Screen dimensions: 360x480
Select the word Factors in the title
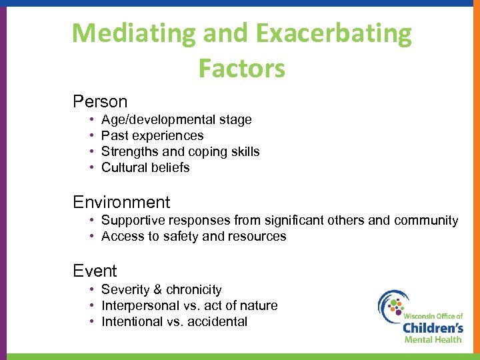tap(241, 68)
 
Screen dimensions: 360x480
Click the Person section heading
tap(100, 102)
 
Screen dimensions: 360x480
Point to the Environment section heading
tap(121, 203)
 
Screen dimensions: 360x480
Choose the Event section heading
tap(95, 271)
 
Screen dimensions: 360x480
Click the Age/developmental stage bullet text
tap(176, 120)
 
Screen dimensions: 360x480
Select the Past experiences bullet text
tap(152, 136)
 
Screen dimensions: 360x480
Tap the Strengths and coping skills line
tap(180, 152)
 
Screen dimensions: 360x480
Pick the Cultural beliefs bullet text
tap(145, 168)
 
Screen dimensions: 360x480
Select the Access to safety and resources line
tap(193, 237)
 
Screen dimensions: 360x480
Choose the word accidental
tap(217, 322)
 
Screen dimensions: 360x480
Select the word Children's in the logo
tap(433, 327)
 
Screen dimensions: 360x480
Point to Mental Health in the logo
tap(433, 339)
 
